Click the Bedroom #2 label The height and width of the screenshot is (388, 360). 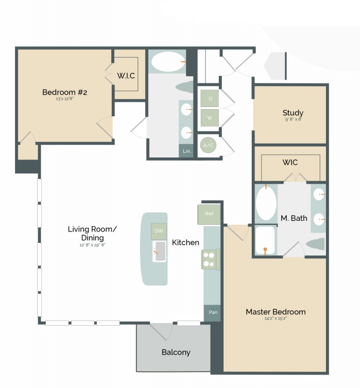[x=64, y=92]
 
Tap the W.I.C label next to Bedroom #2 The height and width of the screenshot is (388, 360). [x=126, y=76]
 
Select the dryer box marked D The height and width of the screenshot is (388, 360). [x=210, y=98]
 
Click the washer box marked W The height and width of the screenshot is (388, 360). [x=210, y=117]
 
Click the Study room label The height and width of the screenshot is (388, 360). [x=293, y=113]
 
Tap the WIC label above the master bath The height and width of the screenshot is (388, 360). [x=289, y=162]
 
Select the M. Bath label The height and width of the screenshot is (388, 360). [x=294, y=218]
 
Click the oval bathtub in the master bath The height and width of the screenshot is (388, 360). [x=266, y=203]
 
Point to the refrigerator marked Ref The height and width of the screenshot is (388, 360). [x=209, y=214]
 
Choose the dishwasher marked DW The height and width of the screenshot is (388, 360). [x=159, y=231]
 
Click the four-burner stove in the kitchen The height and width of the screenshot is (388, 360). [x=210, y=259]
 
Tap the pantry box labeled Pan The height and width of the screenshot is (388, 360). [x=212, y=312]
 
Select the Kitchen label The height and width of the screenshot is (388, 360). [x=185, y=242]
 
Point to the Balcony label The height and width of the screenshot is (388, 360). [x=176, y=352]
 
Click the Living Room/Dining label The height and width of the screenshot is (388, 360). [x=93, y=233]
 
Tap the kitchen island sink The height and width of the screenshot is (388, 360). [x=159, y=251]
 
